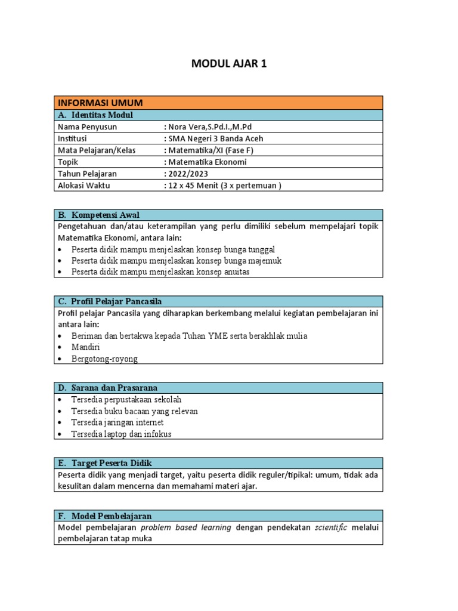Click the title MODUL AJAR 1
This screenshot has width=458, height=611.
[x=228, y=64]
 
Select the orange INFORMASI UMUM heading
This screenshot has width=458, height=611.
[x=98, y=103]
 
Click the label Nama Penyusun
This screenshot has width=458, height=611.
[x=87, y=127]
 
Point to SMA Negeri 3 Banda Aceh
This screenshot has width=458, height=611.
[x=215, y=138]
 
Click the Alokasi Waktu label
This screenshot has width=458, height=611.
[x=84, y=185]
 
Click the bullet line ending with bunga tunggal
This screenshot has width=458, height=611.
[x=173, y=249]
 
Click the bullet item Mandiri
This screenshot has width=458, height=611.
[x=85, y=347]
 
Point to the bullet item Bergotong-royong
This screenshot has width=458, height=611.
[x=104, y=359]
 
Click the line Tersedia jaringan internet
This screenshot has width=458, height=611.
[x=117, y=422]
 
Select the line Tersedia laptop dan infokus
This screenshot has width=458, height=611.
[x=121, y=434]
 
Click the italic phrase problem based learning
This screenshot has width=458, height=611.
[x=187, y=527]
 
